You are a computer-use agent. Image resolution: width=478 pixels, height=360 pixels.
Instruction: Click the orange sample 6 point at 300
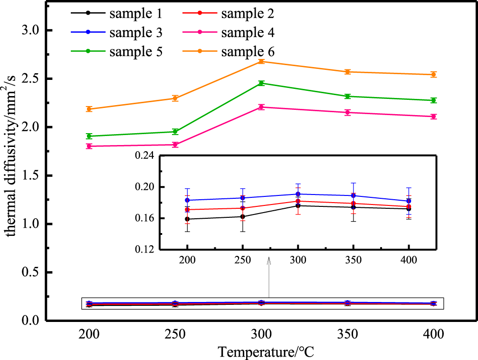(x=261, y=61)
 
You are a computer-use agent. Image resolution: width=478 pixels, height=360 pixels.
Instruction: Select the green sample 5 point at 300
(x=261, y=83)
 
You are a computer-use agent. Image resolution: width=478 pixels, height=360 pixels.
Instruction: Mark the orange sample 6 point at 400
(x=433, y=75)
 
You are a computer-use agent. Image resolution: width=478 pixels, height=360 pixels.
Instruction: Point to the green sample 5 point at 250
(x=175, y=132)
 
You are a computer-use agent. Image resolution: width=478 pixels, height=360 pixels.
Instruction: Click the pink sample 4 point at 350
(x=347, y=113)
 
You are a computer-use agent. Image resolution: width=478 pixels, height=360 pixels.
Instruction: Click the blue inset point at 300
(x=298, y=194)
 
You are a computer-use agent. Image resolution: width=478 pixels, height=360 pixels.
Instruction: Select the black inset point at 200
(x=188, y=219)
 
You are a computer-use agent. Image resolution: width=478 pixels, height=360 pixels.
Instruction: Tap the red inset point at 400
(x=409, y=207)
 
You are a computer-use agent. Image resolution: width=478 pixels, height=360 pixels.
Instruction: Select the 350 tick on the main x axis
(x=347, y=334)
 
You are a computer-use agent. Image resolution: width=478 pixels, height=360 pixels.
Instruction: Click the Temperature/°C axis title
(x=266, y=352)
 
